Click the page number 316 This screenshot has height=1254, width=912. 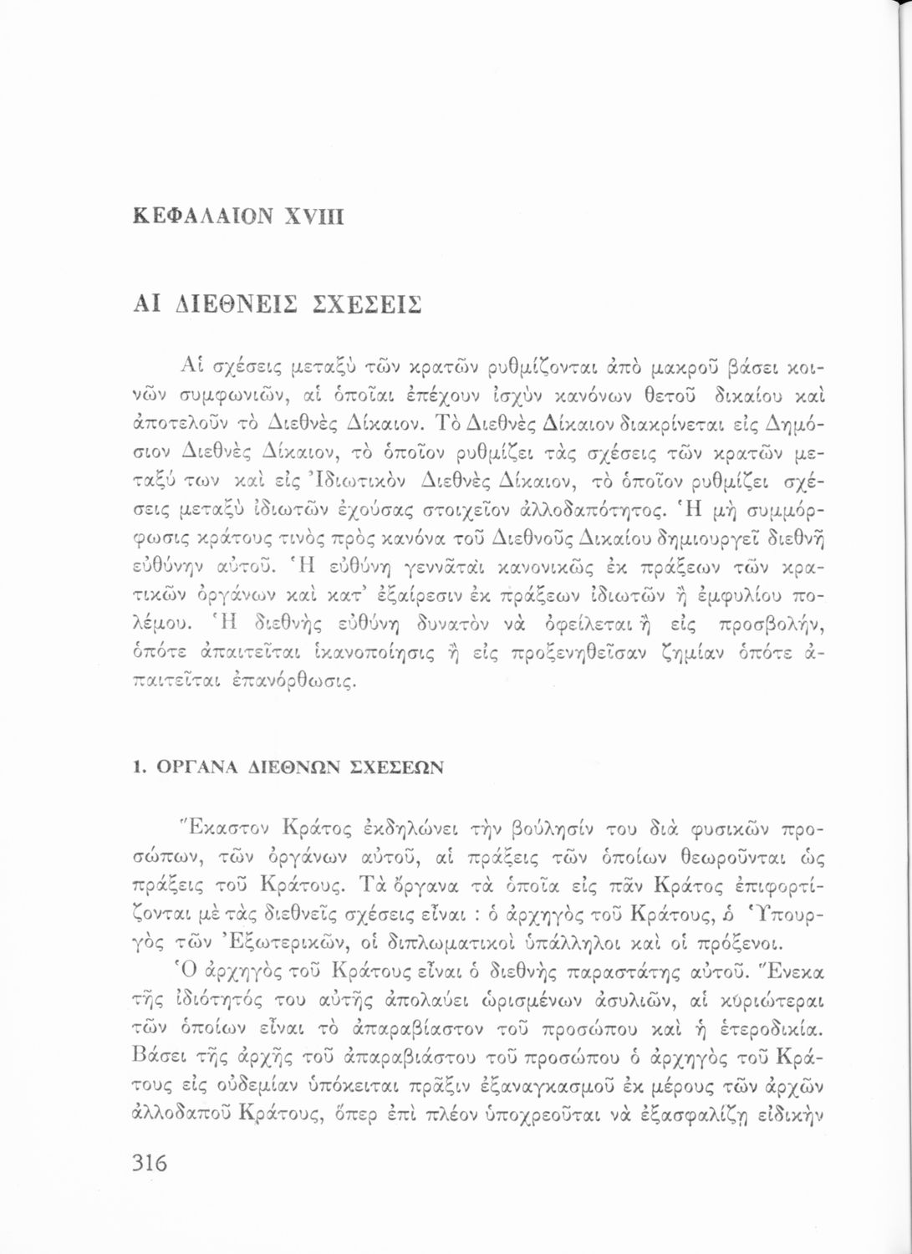[150, 1163]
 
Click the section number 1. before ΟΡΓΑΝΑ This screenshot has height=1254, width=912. [139, 767]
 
